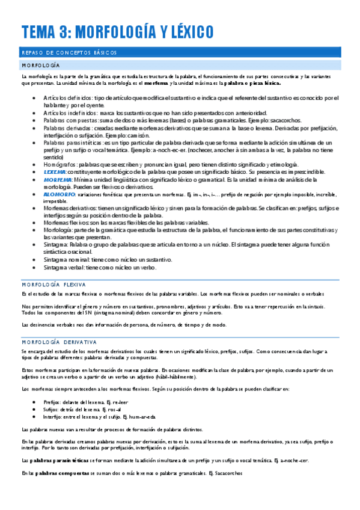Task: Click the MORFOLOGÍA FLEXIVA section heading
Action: (x=53, y=284)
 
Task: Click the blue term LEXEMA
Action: (x=55, y=171)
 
